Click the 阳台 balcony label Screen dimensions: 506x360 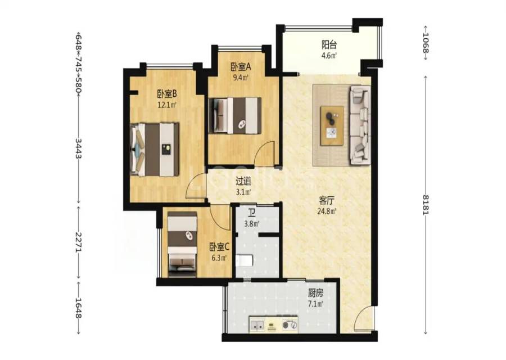tap(329, 44)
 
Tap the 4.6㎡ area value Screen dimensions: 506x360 tap(329, 55)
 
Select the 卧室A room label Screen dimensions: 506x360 tap(241, 67)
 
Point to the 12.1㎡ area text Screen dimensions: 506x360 tap(167, 105)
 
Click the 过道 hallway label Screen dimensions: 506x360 tap(243, 182)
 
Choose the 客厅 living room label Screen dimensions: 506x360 tap(327, 201)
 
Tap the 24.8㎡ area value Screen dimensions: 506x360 tap(327, 211)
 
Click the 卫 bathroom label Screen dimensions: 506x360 tap(252, 213)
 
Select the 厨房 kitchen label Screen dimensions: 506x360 tap(315, 293)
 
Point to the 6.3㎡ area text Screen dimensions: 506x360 tap(219, 258)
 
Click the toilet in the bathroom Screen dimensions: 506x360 tap(244, 260)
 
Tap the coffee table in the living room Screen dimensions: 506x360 tap(332, 126)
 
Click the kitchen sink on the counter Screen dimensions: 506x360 tap(257, 325)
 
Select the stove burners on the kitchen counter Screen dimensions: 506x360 tap(290, 325)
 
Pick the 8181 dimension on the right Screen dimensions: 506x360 tap(426, 205)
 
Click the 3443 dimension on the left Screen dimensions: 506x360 tap(78, 148)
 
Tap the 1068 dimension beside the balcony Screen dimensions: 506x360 tap(426, 43)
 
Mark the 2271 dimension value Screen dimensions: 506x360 tap(78, 241)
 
